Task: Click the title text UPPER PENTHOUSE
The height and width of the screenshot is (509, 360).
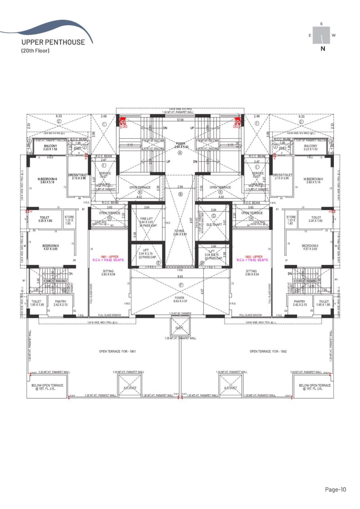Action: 53,42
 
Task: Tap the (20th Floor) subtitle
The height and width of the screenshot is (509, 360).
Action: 35,50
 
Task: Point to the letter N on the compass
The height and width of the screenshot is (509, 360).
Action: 323,49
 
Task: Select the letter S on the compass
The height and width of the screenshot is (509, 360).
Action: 321,23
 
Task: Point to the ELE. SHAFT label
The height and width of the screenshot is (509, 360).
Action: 214,224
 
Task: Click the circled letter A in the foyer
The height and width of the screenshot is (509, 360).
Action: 180,153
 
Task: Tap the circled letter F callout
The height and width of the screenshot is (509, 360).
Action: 181,285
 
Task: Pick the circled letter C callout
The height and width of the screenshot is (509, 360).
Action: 214,216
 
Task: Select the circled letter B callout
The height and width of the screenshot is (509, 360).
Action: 180,194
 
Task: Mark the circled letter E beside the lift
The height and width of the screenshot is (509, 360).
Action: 158,263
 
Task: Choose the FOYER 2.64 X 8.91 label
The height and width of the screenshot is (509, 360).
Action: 180,232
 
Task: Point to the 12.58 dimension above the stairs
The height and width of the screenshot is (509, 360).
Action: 180,120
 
